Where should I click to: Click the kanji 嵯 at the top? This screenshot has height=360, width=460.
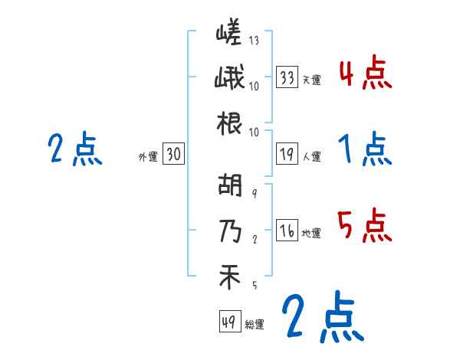[229, 34]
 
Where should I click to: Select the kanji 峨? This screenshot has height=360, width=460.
[229, 79]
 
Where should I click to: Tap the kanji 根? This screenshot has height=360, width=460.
[229, 123]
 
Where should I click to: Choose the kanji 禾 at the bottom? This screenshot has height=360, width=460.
[229, 276]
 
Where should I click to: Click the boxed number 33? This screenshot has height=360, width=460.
[287, 77]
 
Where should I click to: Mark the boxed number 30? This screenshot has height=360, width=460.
[173, 155]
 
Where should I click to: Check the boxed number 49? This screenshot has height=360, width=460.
[228, 322]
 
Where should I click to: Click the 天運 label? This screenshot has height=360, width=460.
[311, 80]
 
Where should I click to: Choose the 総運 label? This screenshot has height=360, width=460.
[255, 325]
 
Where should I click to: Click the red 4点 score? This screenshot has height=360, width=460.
[364, 75]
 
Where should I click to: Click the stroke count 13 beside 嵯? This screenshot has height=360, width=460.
[254, 41]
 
